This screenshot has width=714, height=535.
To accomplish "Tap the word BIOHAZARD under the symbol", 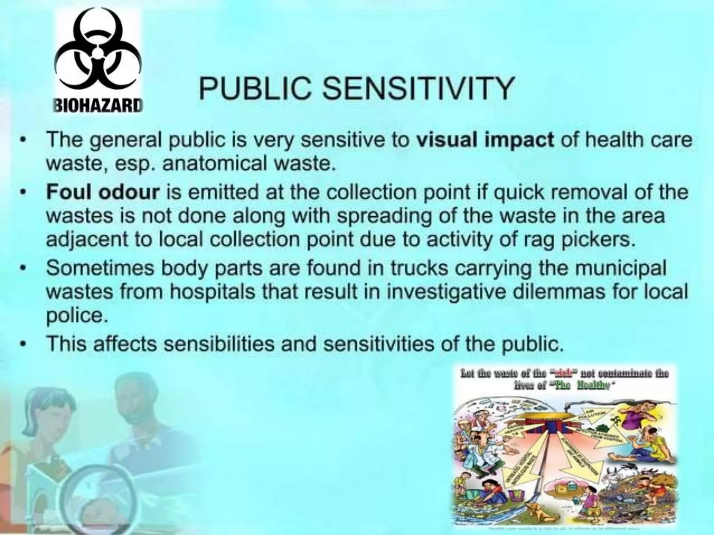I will [x=98, y=104].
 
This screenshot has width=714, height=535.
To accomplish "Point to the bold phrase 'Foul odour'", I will [x=103, y=193].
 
